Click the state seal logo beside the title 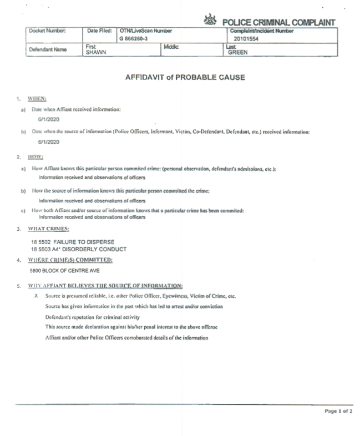coord(211,21)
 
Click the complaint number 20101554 coord(246,39)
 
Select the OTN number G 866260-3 coord(135,39)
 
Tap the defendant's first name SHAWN coord(95,53)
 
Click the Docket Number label coord(48,31)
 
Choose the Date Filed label coord(100,31)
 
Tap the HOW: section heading coord(36,157)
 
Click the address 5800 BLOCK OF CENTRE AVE coord(65,272)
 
